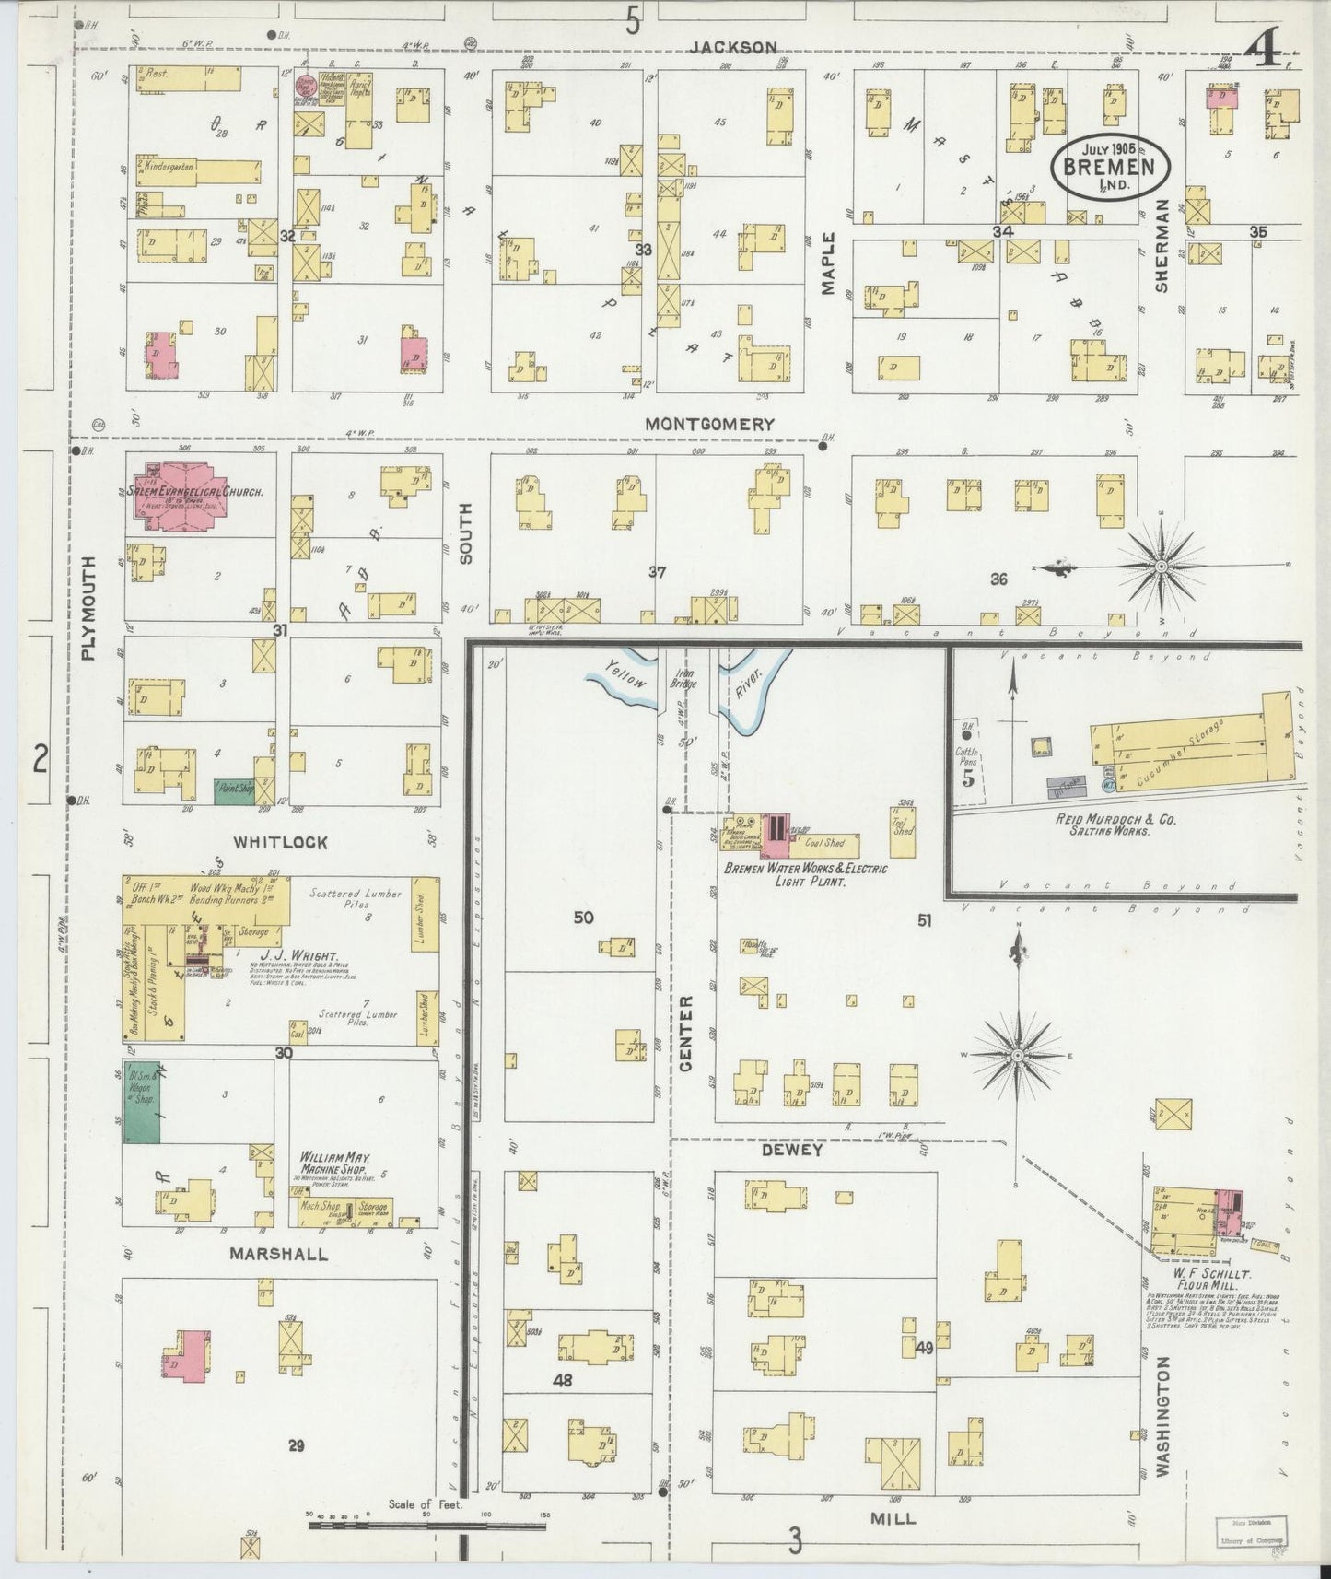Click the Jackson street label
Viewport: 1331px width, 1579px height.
pyautogui.click(x=734, y=47)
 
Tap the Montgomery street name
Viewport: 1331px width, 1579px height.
pyautogui.click(x=708, y=425)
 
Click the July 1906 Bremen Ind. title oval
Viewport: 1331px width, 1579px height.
pyautogui.click(x=1113, y=165)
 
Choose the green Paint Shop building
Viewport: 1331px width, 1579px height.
pyautogui.click(x=234, y=789)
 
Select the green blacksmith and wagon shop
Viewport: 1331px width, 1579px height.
pyautogui.click(x=141, y=1100)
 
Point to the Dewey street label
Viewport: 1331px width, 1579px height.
pyautogui.click(x=791, y=1150)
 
